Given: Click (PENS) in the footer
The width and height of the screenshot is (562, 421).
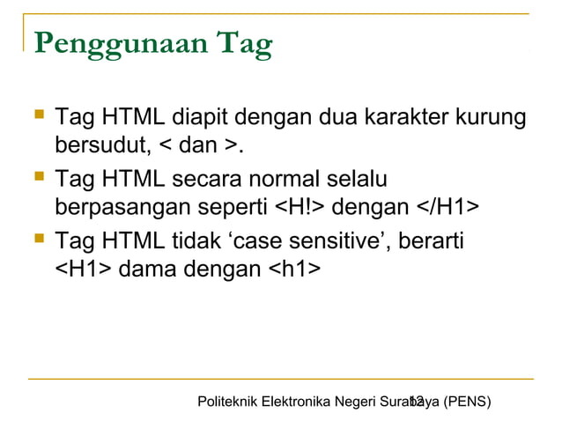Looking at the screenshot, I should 467,403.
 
